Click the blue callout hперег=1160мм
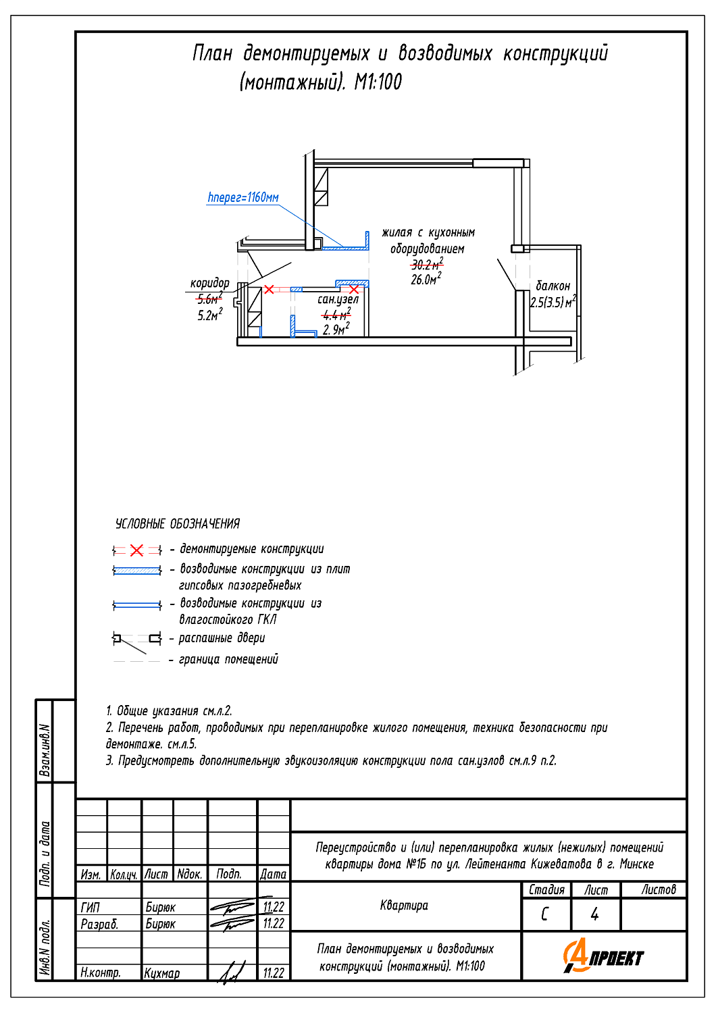click(243, 198)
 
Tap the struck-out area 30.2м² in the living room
click(427, 263)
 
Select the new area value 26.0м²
click(426, 279)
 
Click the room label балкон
click(553, 286)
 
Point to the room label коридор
click(209, 284)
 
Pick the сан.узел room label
click(338, 299)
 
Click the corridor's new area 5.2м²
click(210, 314)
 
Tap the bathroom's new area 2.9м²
click(336, 330)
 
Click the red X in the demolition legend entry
click(136, 550)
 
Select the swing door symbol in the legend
click(136, 644)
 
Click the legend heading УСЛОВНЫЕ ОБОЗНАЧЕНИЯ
click(177, 523)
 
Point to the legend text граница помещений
click(228, 659)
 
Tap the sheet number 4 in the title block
click(595, 914)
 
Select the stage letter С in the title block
click(544, 914)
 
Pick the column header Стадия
click(546, 890)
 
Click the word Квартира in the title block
click(404, 905)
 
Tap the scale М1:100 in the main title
click(378, 82)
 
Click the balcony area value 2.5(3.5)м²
click(553, 302)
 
